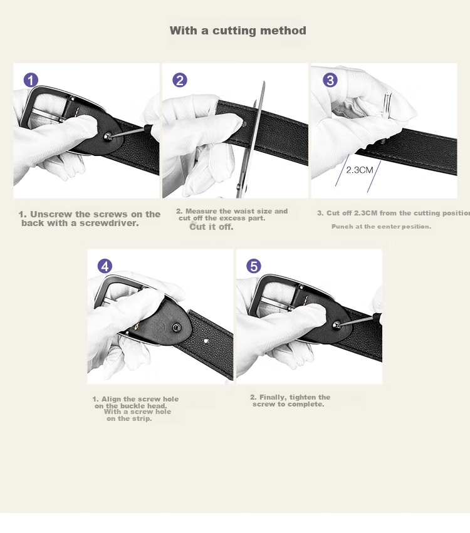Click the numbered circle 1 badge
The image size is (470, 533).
[31, 80]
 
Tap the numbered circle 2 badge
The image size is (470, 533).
[180, 80]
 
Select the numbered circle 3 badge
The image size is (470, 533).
[330, 80]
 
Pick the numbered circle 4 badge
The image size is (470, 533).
[105, 266]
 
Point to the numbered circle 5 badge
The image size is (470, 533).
[254, 266]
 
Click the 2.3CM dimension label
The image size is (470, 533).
[360, 170]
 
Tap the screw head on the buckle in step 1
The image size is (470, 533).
[108, 137]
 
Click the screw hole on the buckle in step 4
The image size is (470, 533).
[176, 328]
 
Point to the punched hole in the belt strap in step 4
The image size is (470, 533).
[206, 340]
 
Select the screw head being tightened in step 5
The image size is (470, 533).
[337, 324]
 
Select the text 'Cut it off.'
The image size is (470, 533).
[212, 227]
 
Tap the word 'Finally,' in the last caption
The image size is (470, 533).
[273, 397]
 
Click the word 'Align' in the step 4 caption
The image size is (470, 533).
[111, 399]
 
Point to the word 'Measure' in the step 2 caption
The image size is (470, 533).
[201, 211]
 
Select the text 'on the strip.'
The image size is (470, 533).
[129, 418]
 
